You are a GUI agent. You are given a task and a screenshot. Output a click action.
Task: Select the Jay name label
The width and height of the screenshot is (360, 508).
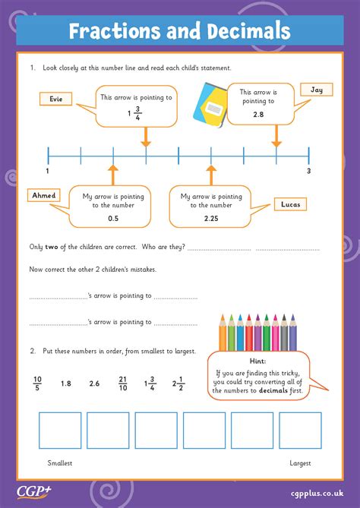[316, 90]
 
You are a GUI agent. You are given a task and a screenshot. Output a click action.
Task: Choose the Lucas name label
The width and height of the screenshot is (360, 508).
[289, 205]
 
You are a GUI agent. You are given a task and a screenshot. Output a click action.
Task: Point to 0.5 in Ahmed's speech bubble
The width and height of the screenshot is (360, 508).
[112, 219]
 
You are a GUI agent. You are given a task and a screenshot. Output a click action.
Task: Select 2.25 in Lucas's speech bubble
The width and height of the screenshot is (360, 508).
[210, 219]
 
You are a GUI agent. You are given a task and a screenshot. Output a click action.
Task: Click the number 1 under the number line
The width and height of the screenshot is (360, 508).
[48, 172]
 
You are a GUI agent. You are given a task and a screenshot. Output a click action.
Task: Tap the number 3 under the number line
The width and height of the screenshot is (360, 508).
[308, 172]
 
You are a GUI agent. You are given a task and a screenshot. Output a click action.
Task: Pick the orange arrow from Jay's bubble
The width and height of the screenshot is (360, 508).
[276, 137]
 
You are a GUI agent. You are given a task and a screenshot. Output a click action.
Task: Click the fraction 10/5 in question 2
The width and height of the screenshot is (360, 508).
[37, 383]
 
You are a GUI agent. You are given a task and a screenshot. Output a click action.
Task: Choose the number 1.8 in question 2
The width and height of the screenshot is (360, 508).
[66, 383]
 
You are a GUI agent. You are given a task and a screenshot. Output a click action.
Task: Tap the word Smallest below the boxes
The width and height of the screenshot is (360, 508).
[60, 462]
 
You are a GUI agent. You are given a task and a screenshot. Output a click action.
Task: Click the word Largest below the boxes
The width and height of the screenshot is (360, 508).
[301, 462]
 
